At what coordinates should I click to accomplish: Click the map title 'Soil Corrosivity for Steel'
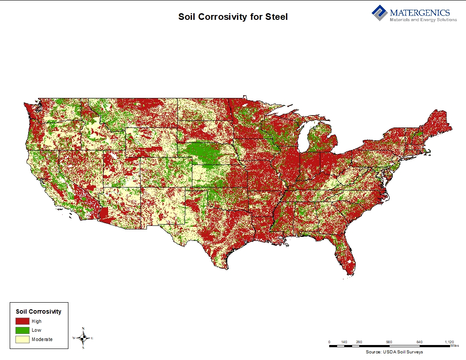point(233,17)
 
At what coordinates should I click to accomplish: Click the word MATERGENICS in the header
point(420,12)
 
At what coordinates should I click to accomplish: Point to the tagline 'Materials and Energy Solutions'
point(423,20)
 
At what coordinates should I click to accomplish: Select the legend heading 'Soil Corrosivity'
point(38,311)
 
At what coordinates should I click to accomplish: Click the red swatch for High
point(23,321)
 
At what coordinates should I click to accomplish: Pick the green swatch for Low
point(23,330)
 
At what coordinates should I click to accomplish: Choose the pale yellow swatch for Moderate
point(23,339)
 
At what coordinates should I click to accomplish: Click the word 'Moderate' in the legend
point(42,339)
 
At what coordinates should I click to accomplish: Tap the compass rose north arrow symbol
point(83,338)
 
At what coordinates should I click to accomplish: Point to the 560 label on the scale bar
point(389,342)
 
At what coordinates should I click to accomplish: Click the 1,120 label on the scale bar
point(449,342)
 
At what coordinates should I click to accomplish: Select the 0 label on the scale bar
point(329,342)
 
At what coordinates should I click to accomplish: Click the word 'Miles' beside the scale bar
point(455,346)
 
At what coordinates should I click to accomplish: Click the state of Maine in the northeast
point(439,121)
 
